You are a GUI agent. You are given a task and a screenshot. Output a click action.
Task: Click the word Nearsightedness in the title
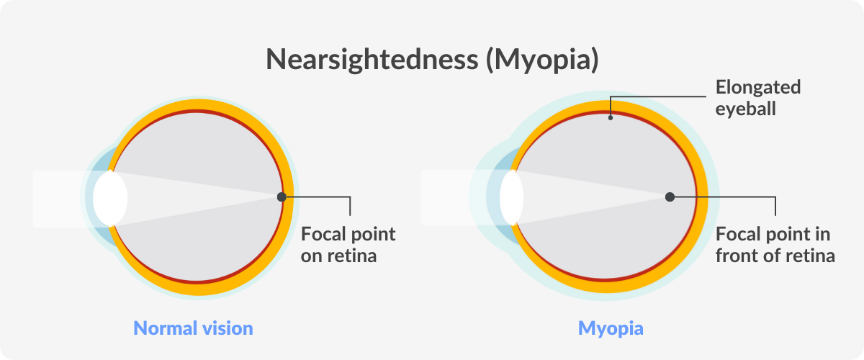click(372, 60)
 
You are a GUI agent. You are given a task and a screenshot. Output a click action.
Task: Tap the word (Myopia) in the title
click(542, 60)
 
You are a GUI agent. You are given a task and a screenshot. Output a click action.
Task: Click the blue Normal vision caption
click(193, 328)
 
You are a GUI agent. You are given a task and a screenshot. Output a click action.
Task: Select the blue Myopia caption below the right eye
click(611, 329)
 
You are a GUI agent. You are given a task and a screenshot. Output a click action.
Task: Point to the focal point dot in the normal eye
click(282, 197)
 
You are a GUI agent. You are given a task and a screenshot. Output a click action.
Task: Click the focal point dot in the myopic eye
click(670, 197)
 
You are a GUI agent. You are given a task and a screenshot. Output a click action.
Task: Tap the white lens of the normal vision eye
click(110, 198)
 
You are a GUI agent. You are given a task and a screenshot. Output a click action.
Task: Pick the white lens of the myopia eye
click(511, 197)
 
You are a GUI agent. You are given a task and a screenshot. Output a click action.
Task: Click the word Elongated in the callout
click(758, 88)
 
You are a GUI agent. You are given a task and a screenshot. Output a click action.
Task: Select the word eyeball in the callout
click(746, 109)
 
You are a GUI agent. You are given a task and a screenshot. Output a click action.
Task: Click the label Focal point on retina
click(348, 245)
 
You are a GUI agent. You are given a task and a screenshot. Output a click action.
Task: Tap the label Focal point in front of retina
click(775, 245)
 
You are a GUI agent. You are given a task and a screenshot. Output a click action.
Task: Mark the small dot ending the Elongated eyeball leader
click(611, 117)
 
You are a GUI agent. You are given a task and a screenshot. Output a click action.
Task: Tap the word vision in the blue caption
click(228, 328)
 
